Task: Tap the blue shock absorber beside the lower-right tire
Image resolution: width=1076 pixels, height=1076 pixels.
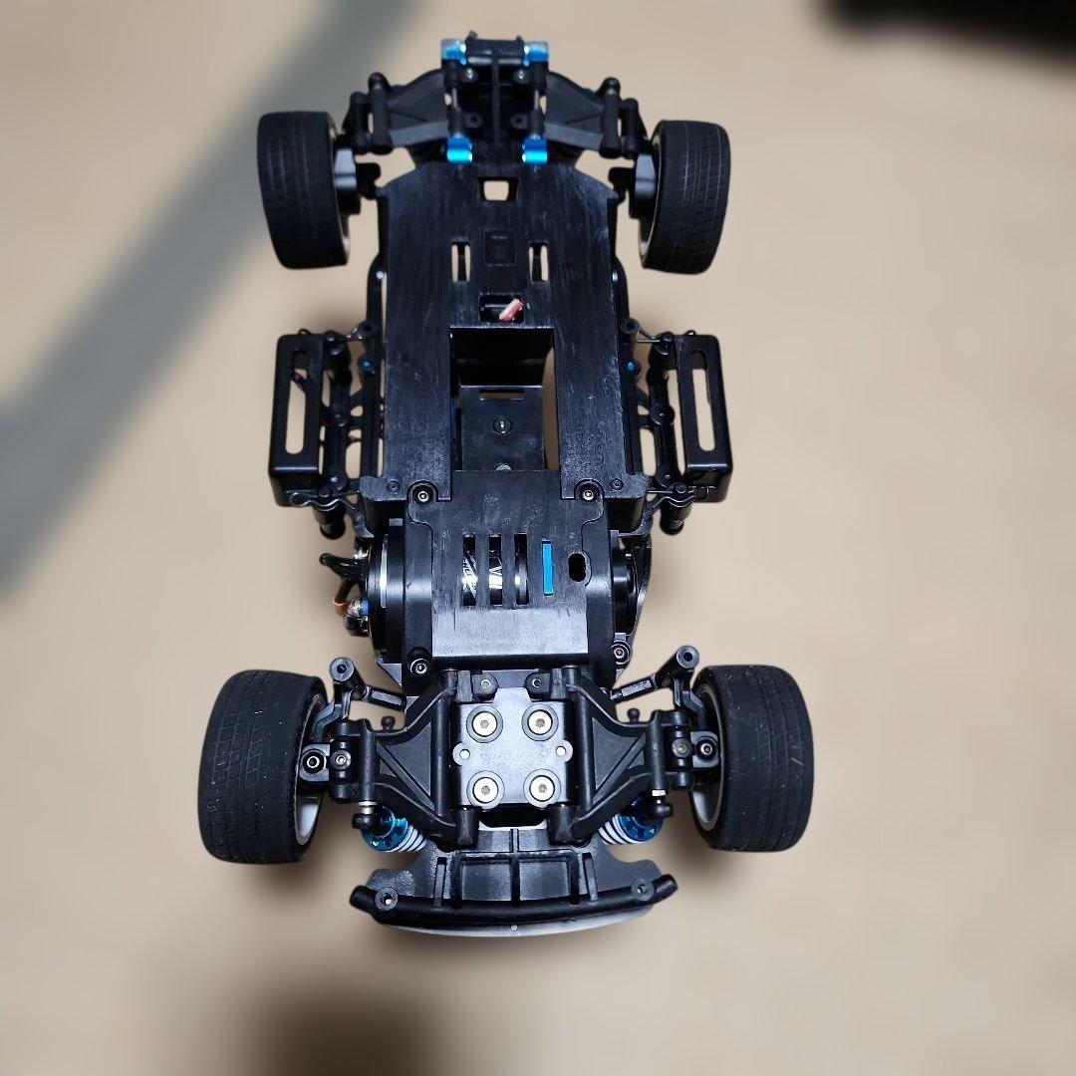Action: click(x=630, y=828)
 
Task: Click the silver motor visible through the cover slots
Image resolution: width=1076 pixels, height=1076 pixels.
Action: click(x=495, y=573)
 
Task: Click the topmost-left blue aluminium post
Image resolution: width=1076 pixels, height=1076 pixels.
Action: click(x=454, y=49)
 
